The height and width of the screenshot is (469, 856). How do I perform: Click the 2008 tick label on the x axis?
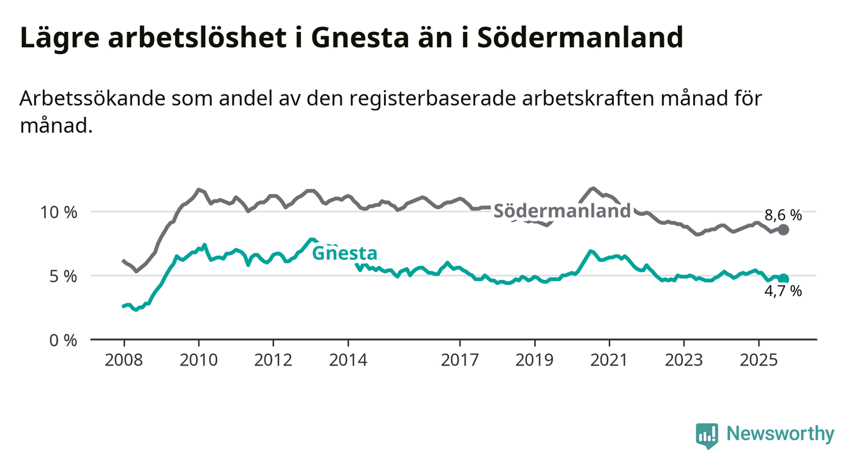(123, 360)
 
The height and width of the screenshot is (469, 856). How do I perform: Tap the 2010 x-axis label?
(198, 360)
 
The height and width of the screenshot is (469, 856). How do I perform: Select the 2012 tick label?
(273, 360)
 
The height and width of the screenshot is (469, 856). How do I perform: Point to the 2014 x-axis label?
(348, 360)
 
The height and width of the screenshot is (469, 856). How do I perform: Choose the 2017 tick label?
(460, 360)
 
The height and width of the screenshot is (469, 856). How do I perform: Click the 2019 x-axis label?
(535, 360)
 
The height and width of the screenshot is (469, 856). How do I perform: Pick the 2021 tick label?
(609, 360)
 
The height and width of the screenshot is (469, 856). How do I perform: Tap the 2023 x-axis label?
(684, 360)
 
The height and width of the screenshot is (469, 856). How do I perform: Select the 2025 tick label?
(759, 360)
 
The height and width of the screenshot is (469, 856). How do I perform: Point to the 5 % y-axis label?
(65, 276)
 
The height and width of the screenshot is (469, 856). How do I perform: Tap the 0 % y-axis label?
(65, 340)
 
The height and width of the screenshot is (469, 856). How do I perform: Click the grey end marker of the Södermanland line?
(784, 229)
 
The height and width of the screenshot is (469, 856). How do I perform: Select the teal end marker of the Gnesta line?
(784, 279)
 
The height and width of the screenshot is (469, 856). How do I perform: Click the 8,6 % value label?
(783, 215)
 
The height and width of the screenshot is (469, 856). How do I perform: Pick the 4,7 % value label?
(783, 292)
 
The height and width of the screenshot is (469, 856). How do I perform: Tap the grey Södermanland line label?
(563, 211)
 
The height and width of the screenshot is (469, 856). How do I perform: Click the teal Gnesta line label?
(344, 253)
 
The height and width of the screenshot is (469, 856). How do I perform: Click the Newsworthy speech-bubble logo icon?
(707, 435)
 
